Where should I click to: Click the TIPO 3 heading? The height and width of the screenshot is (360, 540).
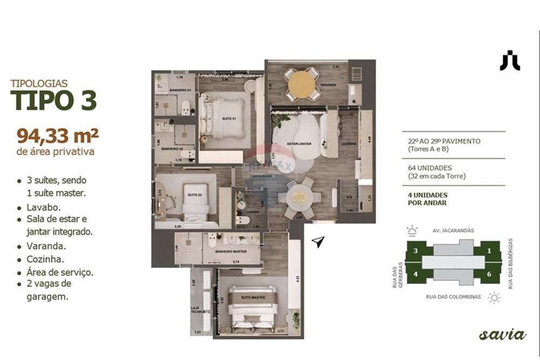[x=53, y=100]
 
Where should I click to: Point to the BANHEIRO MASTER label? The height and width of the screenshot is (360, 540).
[x=231, y=252]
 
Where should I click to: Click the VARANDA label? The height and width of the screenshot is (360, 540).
[x=328, y=85]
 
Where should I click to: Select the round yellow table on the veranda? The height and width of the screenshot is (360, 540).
[x=302, y=84]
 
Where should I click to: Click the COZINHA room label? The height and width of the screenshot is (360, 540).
[x=348, y=144]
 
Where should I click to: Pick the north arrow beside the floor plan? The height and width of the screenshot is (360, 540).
[x=319, y=242]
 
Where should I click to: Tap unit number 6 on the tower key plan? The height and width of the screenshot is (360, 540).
[x=489, y=274]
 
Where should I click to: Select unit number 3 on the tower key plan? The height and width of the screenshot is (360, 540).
[x=415, y=251]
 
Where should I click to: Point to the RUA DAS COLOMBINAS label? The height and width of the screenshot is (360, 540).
[x=453, y=297]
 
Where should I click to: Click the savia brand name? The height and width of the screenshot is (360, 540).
[x=502, y=335]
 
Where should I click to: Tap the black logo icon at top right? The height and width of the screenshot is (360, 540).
[x=510, y=60]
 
